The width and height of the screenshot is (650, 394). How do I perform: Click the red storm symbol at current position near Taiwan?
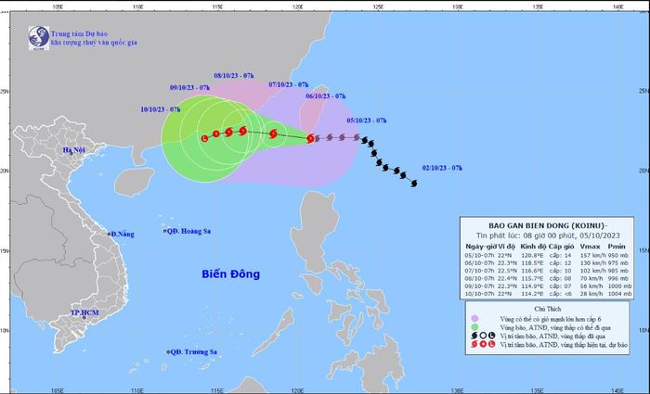pyautogui.click(x=310, y=139)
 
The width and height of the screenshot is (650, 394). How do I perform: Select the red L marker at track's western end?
pyautogui.click(x=204, y=138)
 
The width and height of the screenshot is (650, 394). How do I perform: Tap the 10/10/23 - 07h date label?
pyautogui.click(x=160, y=108)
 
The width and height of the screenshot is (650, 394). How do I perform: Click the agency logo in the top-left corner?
pyautogui.click(x=38, y=37)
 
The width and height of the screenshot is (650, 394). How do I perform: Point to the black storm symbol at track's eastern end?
pyautogui.click(x=412, y=183)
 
